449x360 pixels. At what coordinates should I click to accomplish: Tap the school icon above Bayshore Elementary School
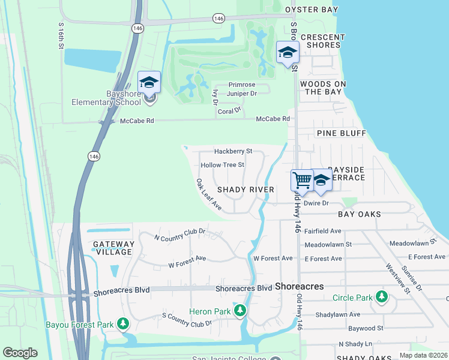pyautogui.click(x=149, y=82)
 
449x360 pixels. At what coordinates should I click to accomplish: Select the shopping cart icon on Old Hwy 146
pyautogui.click(x=302, y=179)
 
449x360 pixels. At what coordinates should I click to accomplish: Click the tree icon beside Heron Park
pyautogui.click(x=240, y=311)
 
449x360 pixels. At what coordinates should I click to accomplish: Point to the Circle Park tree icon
pyautogui.click(x=381, y=297)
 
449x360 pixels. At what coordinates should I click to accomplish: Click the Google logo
pyautogui.click(x=20, y=353)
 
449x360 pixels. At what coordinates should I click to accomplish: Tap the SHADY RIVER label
pyautogui.click(x=246, y=190)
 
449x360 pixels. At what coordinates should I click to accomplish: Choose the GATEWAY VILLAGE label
pyautogui.click(x=113, y=248)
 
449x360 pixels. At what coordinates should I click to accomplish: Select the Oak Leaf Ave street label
pyautogui.click(x=209, y=194)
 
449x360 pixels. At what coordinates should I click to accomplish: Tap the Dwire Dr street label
pyautogui.click(x=316, y=203)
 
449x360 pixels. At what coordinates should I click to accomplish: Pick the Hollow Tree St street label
pyautogui.click(x=222, y=165)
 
